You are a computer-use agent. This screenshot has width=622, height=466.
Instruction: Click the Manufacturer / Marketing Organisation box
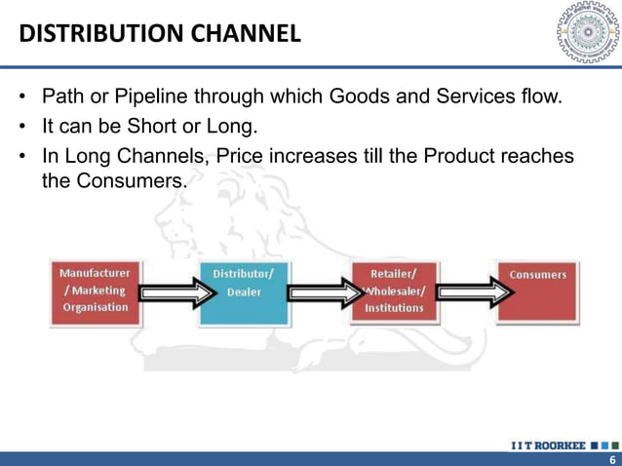pyautogui.click(x=96, y=291)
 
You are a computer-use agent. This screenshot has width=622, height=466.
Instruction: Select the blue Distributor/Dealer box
pyautogui.click(x=243, y=291)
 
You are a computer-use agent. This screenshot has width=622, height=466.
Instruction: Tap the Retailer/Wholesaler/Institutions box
pyautogui.click(x=394, y=291)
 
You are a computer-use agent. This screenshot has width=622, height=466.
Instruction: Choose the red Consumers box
pyautogui.click(x=537, y=291)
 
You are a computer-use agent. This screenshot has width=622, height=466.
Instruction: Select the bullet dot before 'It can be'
pyautogui.click(x=21, y=128)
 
